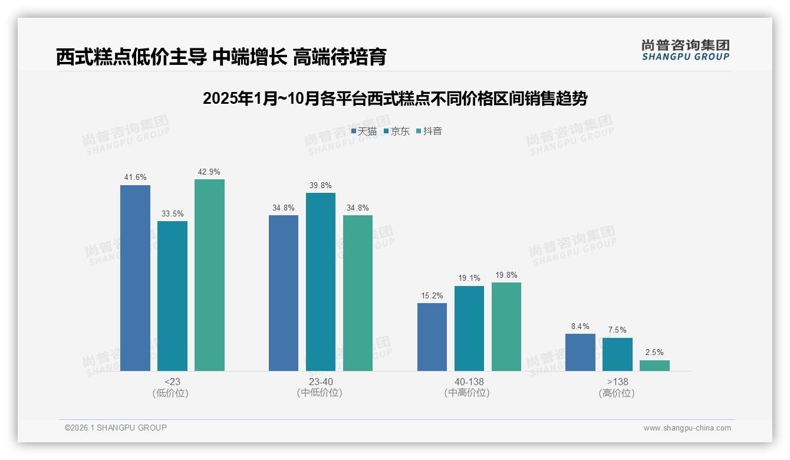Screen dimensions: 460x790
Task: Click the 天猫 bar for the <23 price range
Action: [x=135, y=278]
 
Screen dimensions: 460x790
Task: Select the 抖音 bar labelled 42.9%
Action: [x=209, y=275]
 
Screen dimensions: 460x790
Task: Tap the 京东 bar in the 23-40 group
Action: [x=320, y=282]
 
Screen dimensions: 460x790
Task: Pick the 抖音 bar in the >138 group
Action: [x=654, y=366]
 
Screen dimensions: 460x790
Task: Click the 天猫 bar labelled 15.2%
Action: [x=432, y=337]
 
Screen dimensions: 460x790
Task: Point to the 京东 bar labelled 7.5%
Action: [x=617, y=354]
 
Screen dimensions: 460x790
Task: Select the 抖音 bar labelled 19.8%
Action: [x=506, y=327]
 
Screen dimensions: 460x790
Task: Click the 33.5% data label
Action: [x=172, y=214]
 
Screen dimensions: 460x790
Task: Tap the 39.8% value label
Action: [x=320, y=186]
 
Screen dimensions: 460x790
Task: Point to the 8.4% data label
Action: [x=580, y=327]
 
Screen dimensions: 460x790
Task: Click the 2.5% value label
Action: [x=654, y=353]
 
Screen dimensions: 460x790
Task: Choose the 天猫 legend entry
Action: [x=364, y=132]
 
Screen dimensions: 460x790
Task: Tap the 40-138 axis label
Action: [x=469, y=382]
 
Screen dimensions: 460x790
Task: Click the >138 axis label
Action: [x=617, y=382]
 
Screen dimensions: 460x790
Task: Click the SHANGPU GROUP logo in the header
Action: [x=686, y=50]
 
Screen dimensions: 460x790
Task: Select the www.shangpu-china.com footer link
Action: [x=687, y=428]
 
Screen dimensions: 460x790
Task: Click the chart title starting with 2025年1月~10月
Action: [x=395, y=98]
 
